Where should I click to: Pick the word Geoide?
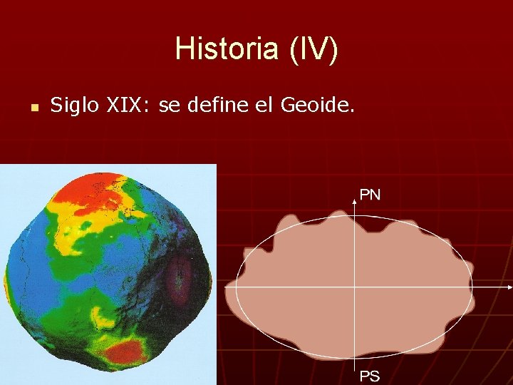pos(317,106)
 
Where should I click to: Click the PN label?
pos(370,195)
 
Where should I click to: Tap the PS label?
pos(369,376)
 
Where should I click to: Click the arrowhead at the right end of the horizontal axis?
pos(509,287)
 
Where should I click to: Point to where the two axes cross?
pos(354,287)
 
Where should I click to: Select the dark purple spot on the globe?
pos(179,277)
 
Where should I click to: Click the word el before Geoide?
pos(264,106)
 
